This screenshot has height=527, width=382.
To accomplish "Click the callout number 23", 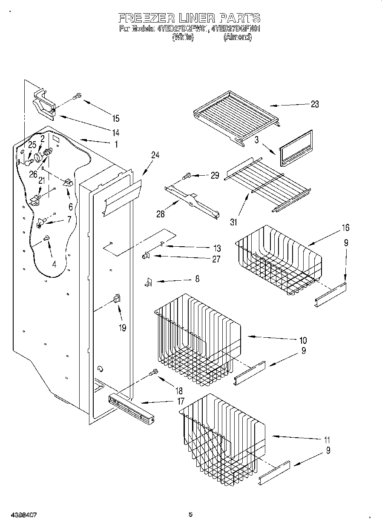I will (x=314, y=104).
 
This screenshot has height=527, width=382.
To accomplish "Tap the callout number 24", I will (x=155, y=156).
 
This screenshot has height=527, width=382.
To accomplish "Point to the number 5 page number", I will (x=190, y=515).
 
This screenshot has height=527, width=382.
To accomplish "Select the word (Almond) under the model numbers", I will (x=237, y=37).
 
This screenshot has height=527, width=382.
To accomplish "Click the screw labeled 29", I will (x=187, y=175).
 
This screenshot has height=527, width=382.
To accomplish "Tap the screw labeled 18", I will (x=153, y=373).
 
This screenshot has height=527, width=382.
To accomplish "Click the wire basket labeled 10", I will (x=196, y=340).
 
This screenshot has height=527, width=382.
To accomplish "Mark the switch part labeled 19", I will (x=117, y=298).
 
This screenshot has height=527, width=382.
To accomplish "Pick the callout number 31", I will (x=234, y=222).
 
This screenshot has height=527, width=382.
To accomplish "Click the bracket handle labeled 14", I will (x=45, y=104).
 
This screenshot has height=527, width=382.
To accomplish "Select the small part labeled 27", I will (x=145, y=256).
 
